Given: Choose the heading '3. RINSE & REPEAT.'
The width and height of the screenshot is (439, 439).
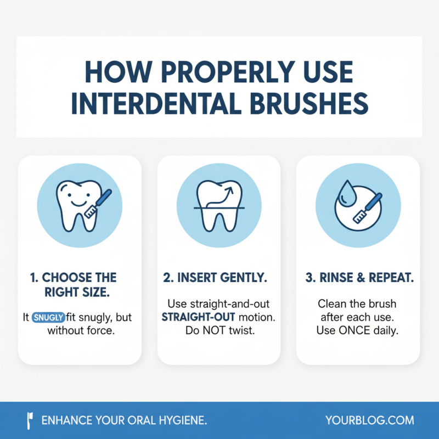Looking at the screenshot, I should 359,278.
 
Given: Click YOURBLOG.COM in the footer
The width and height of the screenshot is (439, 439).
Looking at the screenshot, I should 369,420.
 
